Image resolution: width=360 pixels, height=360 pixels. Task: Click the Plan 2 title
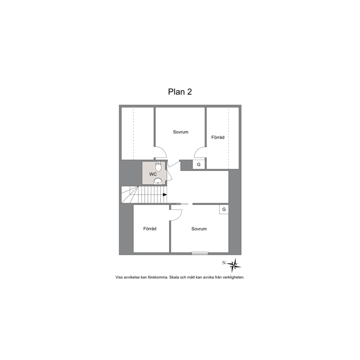click(180, 92)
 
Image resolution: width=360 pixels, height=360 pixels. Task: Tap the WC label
click(153, 174)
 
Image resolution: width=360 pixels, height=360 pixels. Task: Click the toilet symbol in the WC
click(159, 165)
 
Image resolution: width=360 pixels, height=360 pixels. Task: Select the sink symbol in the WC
click(158, 181)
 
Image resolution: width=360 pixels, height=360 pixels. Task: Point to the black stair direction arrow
click(165, 195)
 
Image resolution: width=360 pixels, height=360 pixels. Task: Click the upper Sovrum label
click(181, 132)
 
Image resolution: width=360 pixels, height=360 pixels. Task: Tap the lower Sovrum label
click(199, 229)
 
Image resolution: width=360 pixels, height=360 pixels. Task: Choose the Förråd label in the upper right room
click(218, 137)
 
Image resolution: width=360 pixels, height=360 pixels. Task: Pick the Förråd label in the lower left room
click(150, 229)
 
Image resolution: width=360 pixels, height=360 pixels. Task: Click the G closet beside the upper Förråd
click(199, 165)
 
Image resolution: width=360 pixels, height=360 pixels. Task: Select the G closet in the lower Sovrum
click(224, 209)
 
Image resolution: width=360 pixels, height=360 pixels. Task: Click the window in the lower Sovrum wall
click(200, 253)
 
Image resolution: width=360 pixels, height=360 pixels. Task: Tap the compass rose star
click(234, 266)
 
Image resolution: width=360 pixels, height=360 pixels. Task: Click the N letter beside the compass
click(224, 263)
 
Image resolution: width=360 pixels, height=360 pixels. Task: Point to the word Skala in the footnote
click(174, 277)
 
